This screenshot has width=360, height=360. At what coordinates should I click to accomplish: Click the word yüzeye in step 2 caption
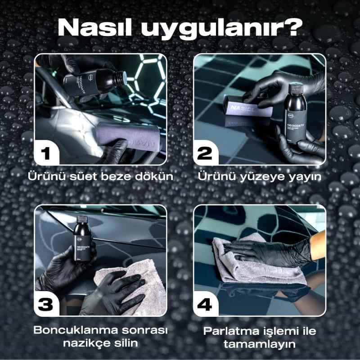[x=270, y=176]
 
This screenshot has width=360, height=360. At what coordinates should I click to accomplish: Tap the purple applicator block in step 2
[x=245, y=108]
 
